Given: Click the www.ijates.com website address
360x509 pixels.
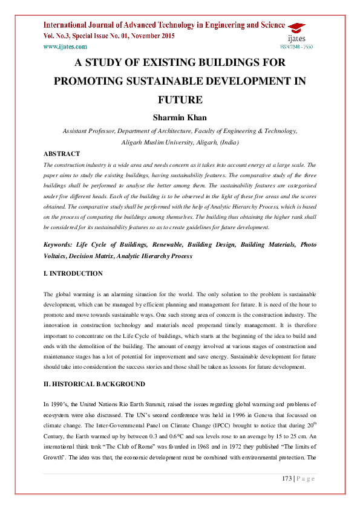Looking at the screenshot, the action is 65,46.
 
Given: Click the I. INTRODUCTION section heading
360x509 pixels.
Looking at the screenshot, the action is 73,273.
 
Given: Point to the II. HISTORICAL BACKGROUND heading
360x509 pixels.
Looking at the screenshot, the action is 94,384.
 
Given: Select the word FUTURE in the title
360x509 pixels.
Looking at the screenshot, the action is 180,99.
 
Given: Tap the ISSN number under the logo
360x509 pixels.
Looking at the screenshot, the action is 296,47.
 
